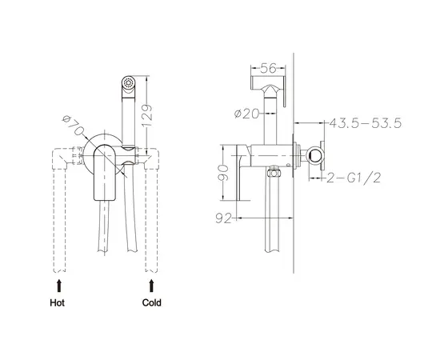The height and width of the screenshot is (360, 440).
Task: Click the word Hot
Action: pos(58,302)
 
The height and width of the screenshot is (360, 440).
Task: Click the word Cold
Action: pos(151,302)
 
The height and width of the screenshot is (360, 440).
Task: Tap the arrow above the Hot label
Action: pos(59,286)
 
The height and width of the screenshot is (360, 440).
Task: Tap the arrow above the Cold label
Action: pos(151,286)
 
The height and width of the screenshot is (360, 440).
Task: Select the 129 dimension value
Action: pos(146,116)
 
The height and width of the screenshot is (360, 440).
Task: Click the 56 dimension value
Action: pos(268,68)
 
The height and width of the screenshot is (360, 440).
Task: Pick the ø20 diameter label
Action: pos(246,114)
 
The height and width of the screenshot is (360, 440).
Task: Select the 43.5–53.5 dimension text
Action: pos(366,123)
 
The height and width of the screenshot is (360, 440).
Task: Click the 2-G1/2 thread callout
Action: pos(354,178)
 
